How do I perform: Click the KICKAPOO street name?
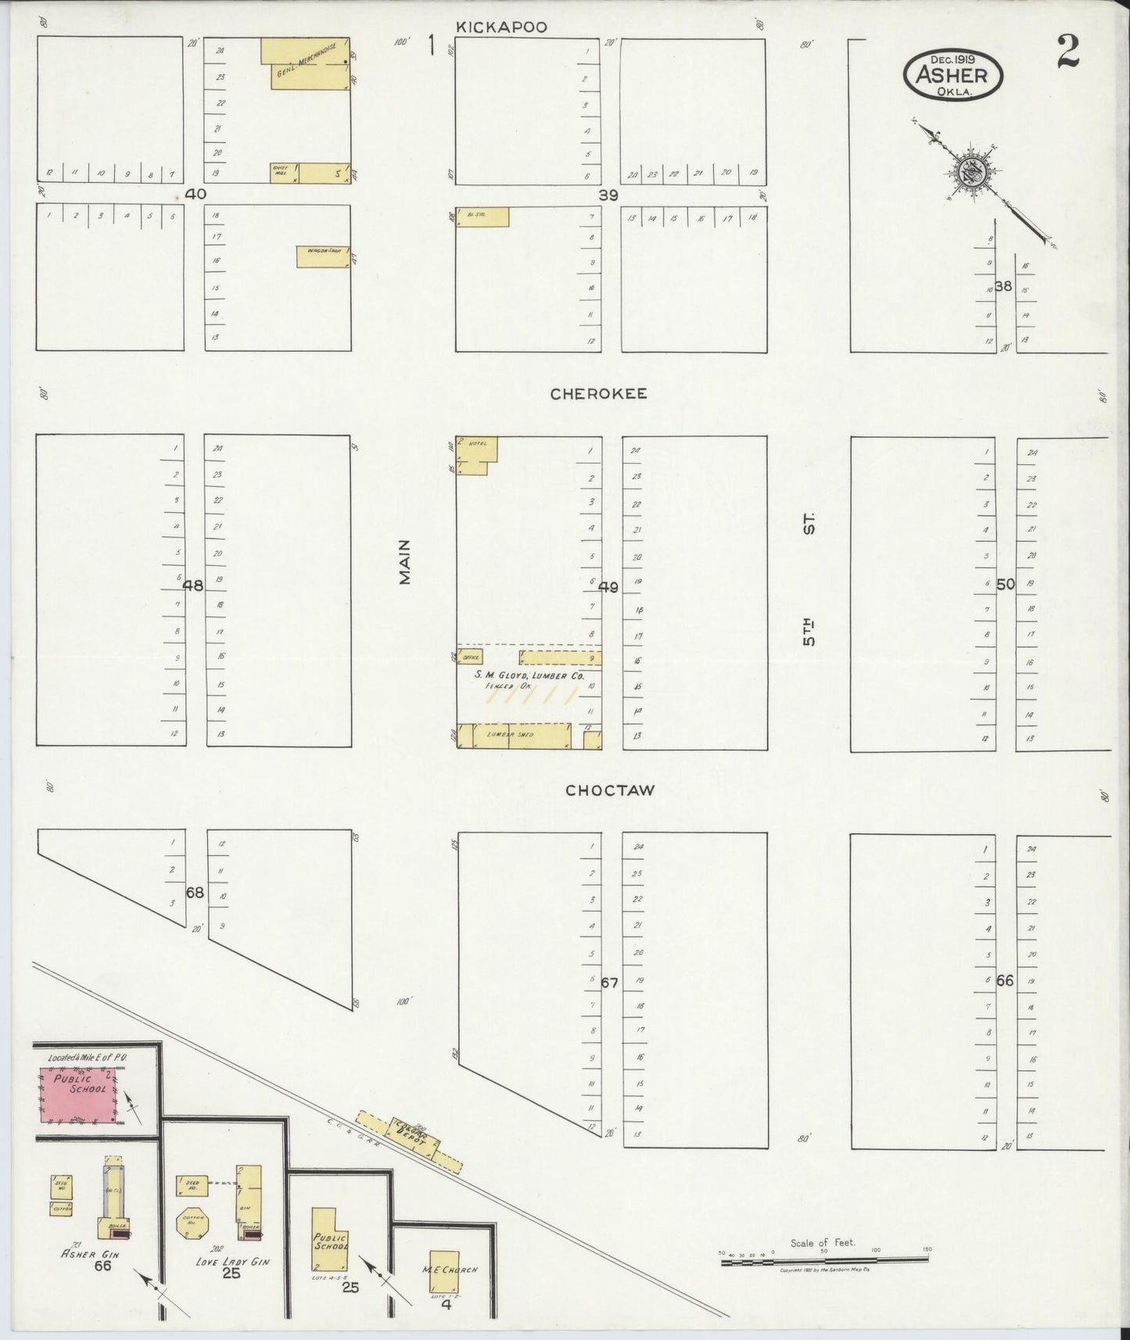point(501,27)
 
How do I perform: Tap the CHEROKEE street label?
point(598,394)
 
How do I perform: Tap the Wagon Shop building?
point(323,257)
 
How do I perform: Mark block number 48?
point(193,585)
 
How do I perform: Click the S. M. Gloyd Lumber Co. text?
point(529,675)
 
